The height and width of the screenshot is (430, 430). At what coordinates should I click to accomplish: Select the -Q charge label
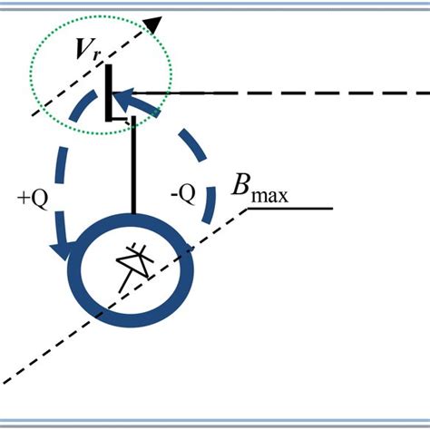(181, 195)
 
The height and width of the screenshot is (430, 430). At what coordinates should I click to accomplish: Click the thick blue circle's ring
(188, 269)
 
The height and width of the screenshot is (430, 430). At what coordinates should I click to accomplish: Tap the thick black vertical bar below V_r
(108, 91)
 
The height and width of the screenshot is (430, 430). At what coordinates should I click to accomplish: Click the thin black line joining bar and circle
(133, 168)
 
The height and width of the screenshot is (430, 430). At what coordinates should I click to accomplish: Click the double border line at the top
(215, 5)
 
